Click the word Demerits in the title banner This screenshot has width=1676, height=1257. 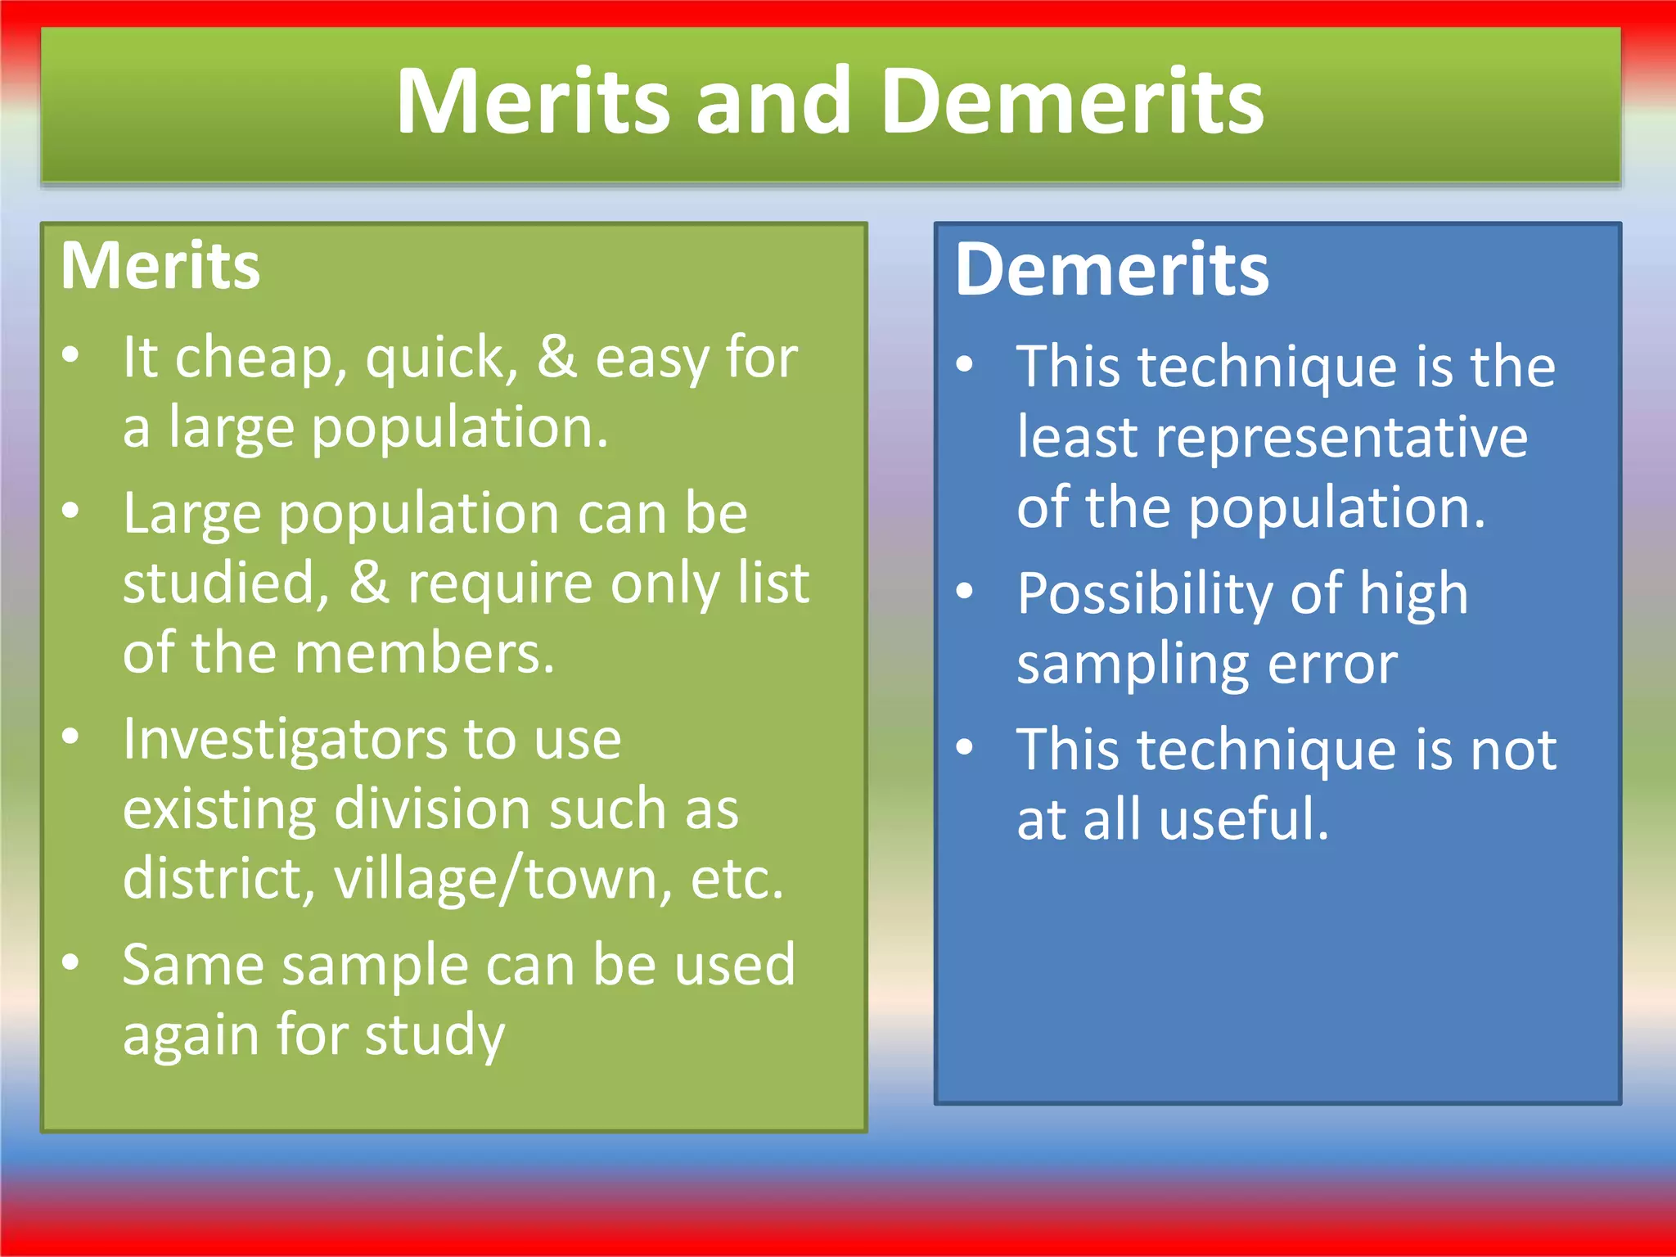(1073, 101)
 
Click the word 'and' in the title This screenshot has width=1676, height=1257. (773, 101)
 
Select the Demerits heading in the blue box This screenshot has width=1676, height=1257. (1111, 270)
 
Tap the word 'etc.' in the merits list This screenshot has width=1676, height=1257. (737, 879)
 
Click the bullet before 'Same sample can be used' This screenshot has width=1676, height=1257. (71, 962)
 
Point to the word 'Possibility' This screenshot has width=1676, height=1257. (1144, 594)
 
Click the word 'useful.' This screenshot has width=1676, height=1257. (1244, 819)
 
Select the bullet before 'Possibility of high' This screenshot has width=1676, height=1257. (966, 591)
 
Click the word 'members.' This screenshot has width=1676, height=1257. (425, 653)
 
